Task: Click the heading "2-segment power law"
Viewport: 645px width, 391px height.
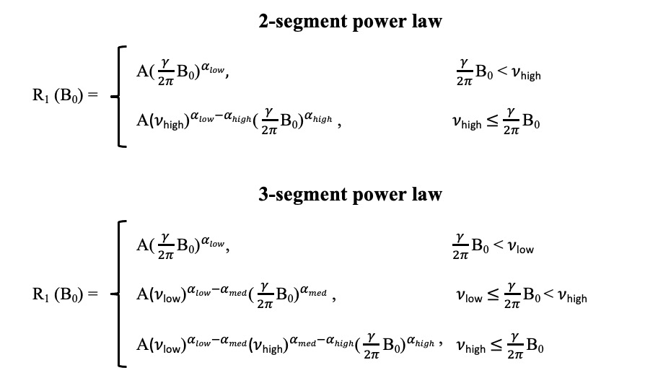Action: tap(350, 22)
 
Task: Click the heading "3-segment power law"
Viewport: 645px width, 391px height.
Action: tap(350, 195)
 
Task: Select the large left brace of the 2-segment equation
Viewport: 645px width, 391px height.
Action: tap(119, 97)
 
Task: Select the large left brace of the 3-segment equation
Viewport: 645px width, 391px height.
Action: tap(119, 294)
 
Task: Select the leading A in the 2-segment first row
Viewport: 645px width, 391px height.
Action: tap(142, 71)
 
